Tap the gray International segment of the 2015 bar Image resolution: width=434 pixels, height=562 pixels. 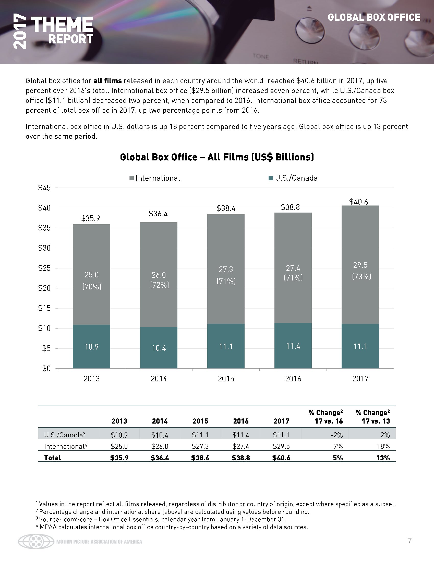tap(226, 296)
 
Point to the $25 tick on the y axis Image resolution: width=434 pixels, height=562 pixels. tap(44, 268)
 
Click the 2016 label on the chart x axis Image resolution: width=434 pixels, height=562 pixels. tap(293, 379)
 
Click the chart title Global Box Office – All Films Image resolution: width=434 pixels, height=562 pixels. tap(217, 157)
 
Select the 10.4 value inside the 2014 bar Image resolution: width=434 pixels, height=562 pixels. tap(159, 348)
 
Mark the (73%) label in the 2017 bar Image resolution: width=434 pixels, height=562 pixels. tap(361, 276)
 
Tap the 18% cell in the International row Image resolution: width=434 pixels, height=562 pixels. tap(383, 446)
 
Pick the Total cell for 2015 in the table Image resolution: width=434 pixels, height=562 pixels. tap(200, 458)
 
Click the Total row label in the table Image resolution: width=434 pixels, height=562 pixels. tap(52, 458)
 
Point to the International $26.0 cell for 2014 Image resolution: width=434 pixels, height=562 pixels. tap(160, 446)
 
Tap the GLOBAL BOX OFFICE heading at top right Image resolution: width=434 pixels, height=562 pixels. tap(374, 17)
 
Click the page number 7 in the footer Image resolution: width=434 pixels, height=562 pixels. tap(410, 541)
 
